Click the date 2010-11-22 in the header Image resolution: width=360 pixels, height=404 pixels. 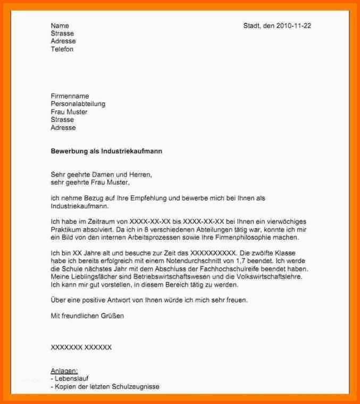(x=294, y=26)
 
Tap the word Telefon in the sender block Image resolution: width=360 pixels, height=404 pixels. (x=62, y=49)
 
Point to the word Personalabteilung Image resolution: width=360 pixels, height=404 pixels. (x=78, y=104)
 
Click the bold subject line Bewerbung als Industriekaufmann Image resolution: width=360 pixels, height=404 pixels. (x=106, y=151)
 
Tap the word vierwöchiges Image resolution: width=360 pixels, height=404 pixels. (x=287, y=222)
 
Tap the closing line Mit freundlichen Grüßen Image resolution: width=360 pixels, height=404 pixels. (x=87, y=316)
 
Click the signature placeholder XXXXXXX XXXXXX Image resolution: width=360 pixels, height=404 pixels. (x=81, y=347)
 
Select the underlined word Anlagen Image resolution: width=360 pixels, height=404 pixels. (x=64, y=371)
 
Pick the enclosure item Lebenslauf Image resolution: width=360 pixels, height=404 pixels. (x=72, y=378)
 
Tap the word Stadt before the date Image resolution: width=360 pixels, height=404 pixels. (x=252, y=26)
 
